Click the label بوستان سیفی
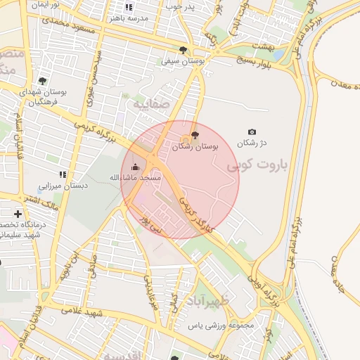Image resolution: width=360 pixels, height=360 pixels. coord(183,62)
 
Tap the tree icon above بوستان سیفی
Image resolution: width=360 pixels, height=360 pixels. coord(184,50)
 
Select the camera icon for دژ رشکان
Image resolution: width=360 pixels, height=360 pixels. coord(252,131)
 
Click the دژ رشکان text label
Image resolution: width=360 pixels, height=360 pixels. coord(253,143)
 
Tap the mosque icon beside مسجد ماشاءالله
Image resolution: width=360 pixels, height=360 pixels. coord(136,167)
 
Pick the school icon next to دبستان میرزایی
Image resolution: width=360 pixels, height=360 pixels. coord(63,174)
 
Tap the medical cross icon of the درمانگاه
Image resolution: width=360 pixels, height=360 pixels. coord(18,213)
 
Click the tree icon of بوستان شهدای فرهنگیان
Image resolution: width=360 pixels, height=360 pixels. coord(42,81)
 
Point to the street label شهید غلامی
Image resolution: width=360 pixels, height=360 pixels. coord(83,310)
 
